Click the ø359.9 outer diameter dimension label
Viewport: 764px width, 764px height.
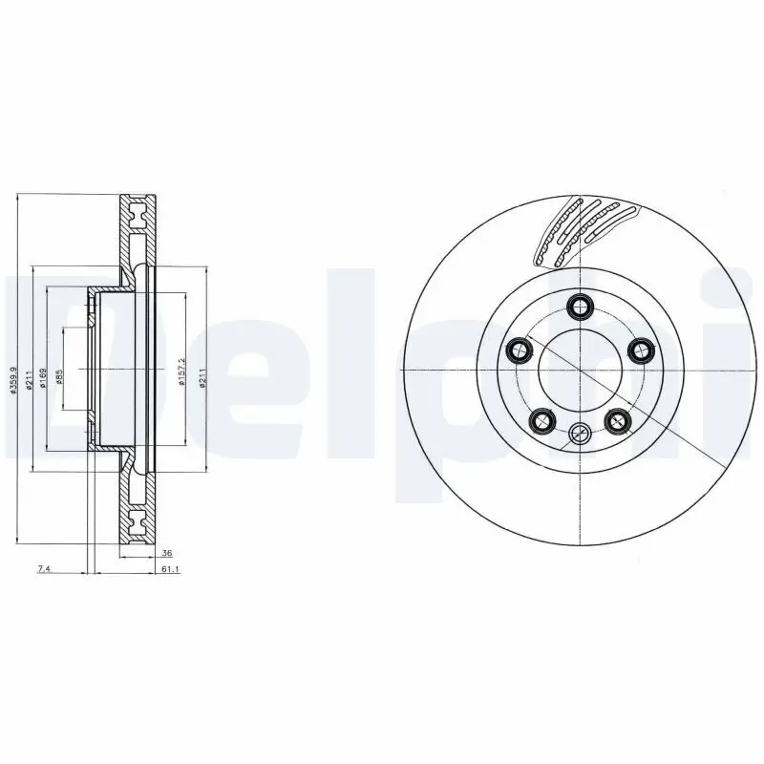click(x=12, y=380)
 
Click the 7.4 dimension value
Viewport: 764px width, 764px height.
click(x=43, y=569)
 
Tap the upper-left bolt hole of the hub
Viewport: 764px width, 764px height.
click(x=519, y=350)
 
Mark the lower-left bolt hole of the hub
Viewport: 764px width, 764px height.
click(x=541, y=418)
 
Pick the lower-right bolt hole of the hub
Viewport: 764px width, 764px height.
click(x=616, y=418)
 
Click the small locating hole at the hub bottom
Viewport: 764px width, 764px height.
click(x=579, y=435)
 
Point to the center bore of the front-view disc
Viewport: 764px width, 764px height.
click(x=579, y=370)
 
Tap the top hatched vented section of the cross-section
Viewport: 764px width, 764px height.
click(x=136, y=229)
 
